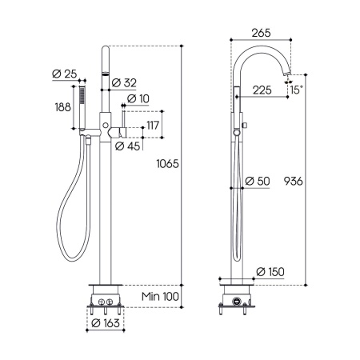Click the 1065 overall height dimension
[167, 164]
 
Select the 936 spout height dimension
[293, 182]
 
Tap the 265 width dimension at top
[261, 33]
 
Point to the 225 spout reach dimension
[262, 90]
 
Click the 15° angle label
[297, 90]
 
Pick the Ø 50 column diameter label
[258, 182]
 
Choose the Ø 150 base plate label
[270, 272]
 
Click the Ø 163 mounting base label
[106, 323]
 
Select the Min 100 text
[160, 296]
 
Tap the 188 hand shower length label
[63, 107]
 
